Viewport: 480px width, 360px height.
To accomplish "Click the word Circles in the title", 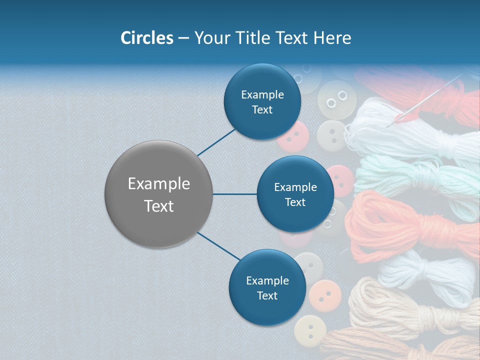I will pos(146,38).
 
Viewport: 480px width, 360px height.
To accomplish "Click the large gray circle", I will pos(158,194).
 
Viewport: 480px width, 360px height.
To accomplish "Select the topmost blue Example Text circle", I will pos(262,101).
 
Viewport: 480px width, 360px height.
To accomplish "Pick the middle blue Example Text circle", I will pos(295,194).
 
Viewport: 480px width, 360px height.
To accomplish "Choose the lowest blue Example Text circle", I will pos(267,287).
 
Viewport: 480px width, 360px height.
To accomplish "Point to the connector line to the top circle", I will pos(216,141).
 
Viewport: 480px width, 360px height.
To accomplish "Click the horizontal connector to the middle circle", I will pos(235,194).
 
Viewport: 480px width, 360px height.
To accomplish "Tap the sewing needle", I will pos(430,97).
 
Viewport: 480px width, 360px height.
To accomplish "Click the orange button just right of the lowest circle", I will pos(325,295).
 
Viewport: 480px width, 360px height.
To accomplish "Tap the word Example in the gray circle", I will pos(158,184).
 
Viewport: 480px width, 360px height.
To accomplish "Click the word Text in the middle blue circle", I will pos(295,202).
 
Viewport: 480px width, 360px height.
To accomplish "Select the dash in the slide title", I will pos(183,38).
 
